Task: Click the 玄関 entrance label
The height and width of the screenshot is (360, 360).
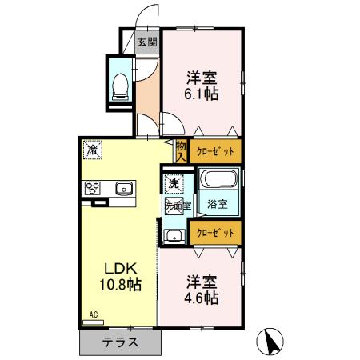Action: point(146,42)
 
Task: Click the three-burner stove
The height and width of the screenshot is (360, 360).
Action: point(93,189)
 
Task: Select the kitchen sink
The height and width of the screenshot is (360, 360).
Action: point(124,189)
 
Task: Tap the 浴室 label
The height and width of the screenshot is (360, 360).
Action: point(218,203)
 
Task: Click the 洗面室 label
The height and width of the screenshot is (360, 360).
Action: point(177,206)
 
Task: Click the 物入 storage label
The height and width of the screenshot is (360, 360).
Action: point(181,151)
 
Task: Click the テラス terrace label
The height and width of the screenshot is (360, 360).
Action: point(120,342)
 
